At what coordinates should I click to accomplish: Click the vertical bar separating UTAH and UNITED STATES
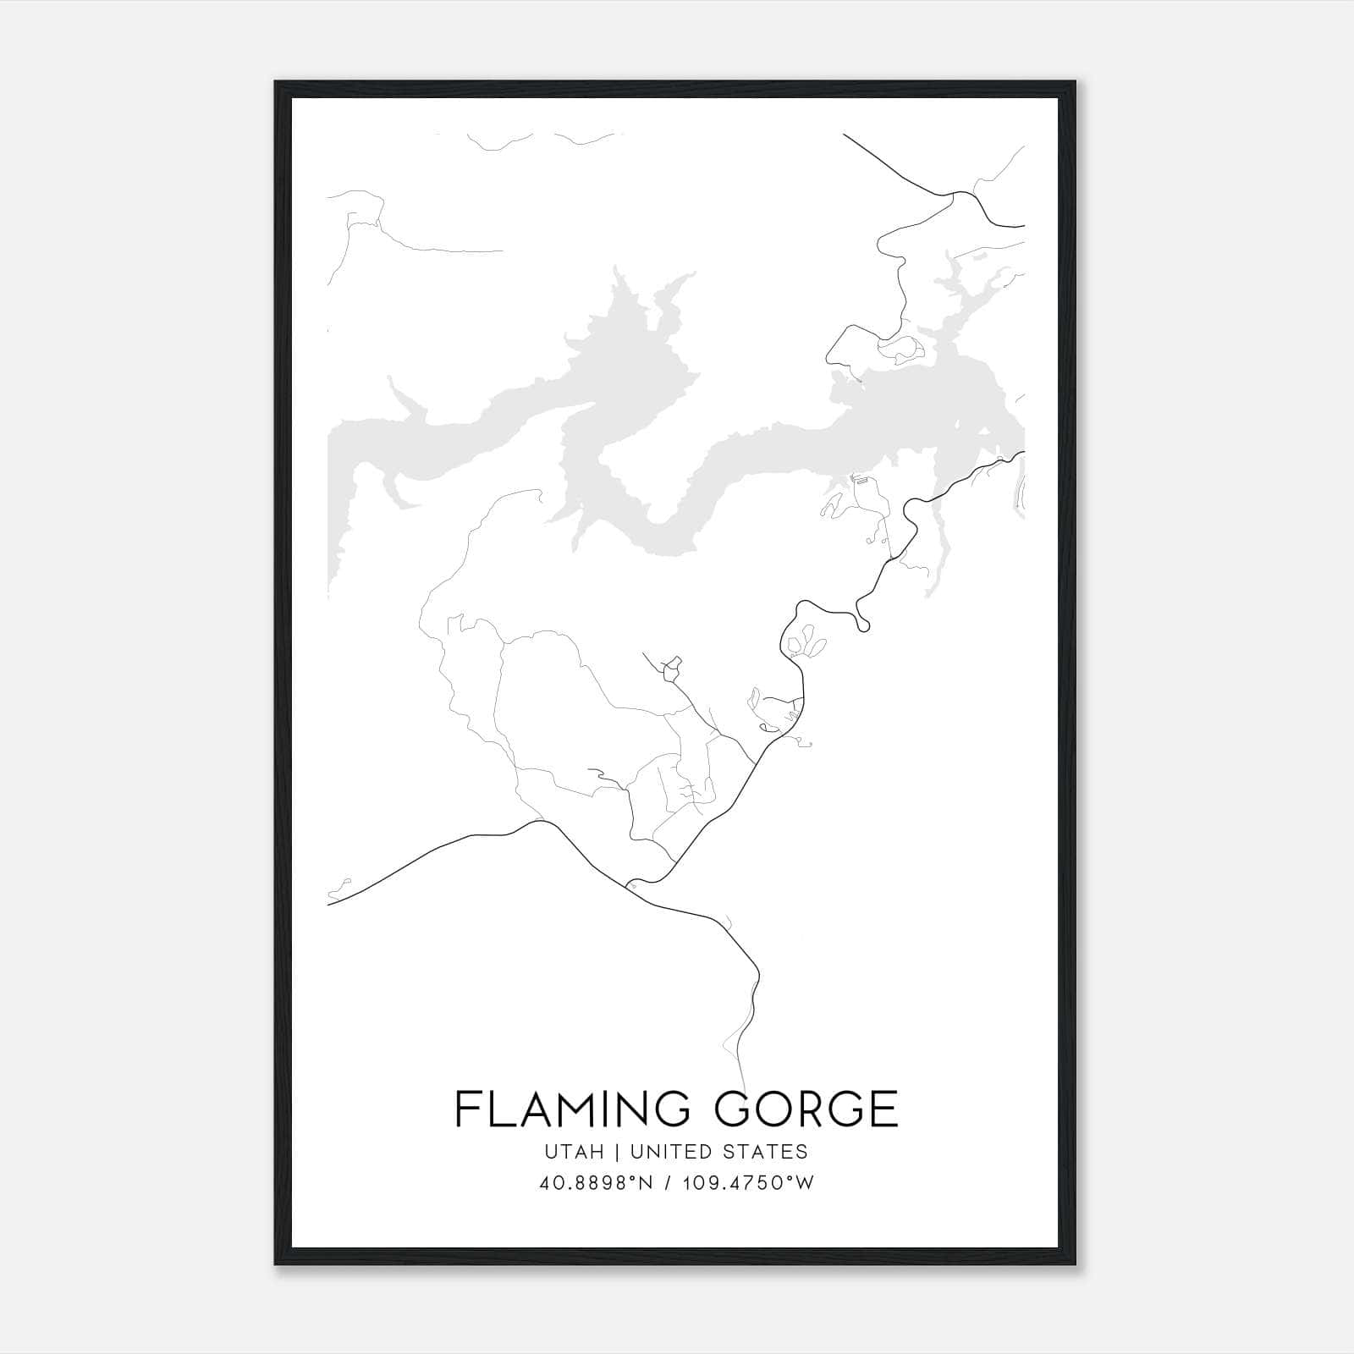click(x=618, y=1152)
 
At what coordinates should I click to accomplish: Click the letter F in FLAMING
click(x=467, y=1109)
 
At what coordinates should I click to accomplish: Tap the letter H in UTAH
click(x=597, y=1152)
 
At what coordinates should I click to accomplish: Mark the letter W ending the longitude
click(x=806, y=1183)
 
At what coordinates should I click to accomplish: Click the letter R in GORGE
click(x=804, y=1109)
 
